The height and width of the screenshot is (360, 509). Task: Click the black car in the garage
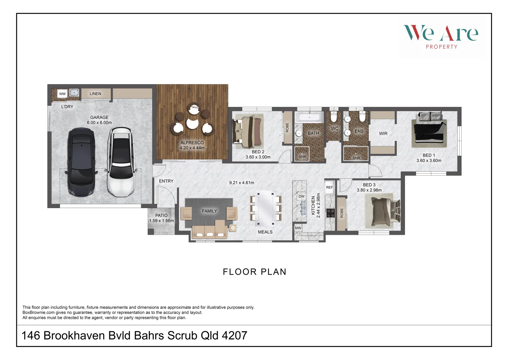82,162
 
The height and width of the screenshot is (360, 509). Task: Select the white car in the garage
121,162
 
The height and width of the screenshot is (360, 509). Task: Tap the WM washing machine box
62,94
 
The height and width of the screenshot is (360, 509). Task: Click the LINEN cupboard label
95,94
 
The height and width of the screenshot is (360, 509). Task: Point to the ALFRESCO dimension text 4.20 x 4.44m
192,148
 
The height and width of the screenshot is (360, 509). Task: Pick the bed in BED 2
247,131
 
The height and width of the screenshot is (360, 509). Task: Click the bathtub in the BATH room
309,117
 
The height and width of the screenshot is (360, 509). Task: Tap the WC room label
335,128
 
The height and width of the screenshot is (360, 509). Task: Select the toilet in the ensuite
362,116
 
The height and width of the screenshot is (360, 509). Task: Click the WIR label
383,133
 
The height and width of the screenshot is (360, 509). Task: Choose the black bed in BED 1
429,130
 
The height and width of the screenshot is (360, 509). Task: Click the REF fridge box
329,187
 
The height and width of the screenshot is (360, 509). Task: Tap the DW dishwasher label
301,196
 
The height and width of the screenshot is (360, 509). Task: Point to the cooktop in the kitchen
331,213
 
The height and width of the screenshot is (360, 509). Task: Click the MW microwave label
298,228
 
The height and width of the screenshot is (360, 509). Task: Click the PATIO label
161,215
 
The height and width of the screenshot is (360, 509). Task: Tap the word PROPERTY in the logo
442,47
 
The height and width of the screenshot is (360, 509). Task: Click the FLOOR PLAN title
255,272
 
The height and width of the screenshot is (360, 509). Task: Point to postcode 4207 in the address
234,335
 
